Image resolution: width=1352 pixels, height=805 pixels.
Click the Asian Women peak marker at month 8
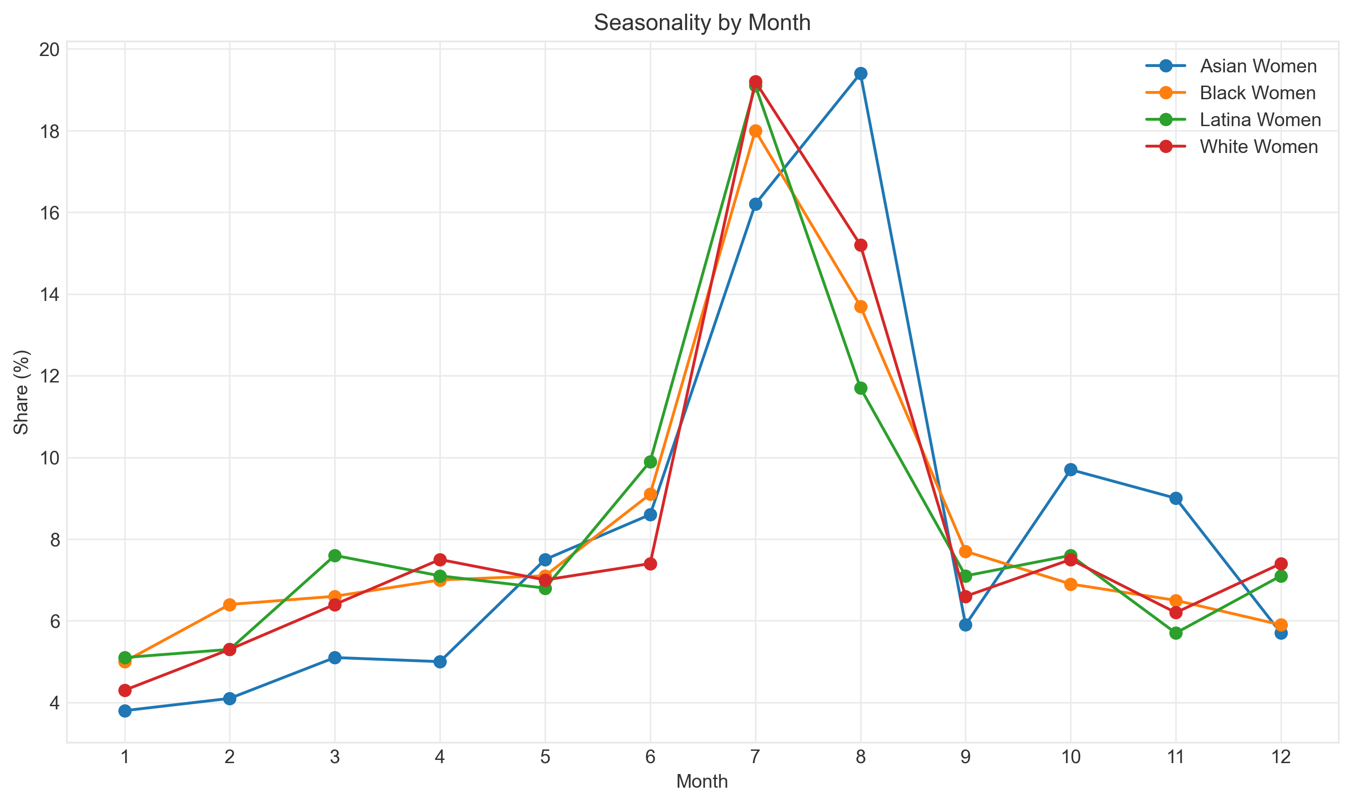pos(861,73)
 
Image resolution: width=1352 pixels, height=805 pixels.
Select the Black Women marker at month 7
pos(755,131)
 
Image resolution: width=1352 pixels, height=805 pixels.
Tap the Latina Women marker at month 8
pos(861,388)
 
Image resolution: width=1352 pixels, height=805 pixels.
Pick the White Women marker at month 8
pos(861,245)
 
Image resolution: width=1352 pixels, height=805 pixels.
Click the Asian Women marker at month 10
pos(1071,469)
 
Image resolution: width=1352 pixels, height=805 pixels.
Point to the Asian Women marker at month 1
pos(125,711)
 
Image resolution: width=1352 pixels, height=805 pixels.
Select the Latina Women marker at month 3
pos(335,555)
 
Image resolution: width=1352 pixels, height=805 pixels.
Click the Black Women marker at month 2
pos(230,604)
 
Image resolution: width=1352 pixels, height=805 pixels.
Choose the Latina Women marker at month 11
pos(1176,633)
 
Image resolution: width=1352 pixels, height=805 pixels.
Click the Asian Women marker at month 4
pos(440,662)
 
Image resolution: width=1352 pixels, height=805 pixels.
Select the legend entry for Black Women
pos(1258,93)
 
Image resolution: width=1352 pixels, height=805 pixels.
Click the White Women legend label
pos(1259,147)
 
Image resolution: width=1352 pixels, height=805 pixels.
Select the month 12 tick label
pos(1281,757)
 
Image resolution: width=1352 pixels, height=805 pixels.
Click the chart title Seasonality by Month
pos(702,23)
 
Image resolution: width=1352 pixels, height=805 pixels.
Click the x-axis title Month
pos(702,782)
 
